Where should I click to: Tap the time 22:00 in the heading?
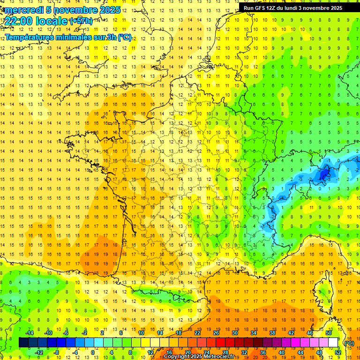20,21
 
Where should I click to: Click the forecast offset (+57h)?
81,21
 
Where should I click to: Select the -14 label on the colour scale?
29,333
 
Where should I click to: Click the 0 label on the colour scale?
92,352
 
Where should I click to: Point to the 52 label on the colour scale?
337,352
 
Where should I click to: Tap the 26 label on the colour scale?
216,333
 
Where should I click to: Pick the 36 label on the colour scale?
262,352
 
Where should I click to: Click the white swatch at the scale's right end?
333,343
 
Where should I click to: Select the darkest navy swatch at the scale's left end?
23,343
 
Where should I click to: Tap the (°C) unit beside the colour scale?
349,343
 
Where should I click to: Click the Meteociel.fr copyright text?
202,357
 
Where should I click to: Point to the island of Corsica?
322,290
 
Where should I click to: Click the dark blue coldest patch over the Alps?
323,175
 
